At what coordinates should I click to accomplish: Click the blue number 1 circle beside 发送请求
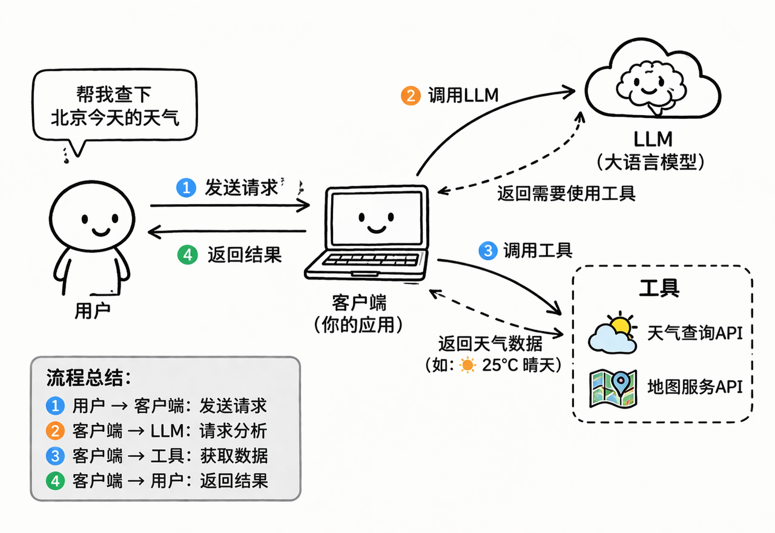click(x=186, y=187)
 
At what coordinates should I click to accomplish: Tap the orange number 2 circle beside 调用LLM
click(x=411, y=96)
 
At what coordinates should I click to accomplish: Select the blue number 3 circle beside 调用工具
click(x=488, y=250)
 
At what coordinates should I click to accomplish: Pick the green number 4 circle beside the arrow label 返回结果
click(x=187, y=255)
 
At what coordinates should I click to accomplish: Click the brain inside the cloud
click(x=651, y=86)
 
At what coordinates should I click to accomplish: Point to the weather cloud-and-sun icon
click(x=613, y=333)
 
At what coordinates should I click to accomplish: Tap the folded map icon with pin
click(x=613, y=388)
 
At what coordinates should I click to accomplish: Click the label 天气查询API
click(x=695, y=333)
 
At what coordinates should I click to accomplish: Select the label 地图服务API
click(x=695, y=387)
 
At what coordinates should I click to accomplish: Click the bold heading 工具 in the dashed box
click(x=659, y=288)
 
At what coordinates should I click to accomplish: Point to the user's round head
click(x=92, y=215)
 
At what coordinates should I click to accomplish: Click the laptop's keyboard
click(x=371, y=260)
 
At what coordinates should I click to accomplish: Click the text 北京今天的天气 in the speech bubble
click(x=115, y=118)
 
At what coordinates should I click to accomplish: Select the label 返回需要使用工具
click(x=566, y=193)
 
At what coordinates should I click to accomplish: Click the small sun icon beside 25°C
click(x=467, y=365)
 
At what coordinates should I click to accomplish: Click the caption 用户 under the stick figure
click(x=92, y=310)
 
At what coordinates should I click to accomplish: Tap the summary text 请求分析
click(x=233, y=431)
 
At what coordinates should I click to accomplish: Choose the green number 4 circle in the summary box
click(x=55, y=481)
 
